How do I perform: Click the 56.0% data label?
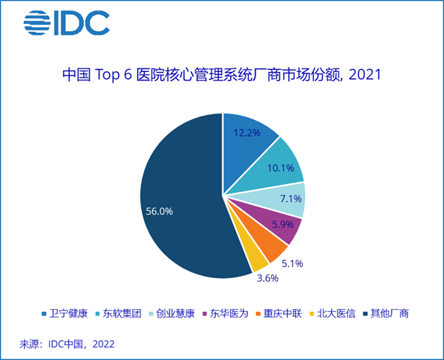coord(159,211)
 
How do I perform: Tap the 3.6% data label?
coord(266,278)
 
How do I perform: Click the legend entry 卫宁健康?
coord(67,313)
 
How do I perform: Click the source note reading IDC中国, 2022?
coord(67,344)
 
